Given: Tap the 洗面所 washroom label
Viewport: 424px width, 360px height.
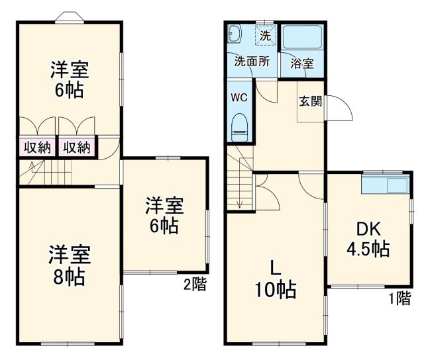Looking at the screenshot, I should click(x=252, y=62).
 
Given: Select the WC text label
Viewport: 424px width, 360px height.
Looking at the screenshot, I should click(x=238, y=97).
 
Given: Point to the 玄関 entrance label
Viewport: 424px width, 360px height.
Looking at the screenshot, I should click(x=310, y=101).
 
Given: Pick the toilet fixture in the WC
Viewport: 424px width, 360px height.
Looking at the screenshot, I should click(x=239, y=126).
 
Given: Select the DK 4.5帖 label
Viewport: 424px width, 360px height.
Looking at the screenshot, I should click(x=370, y=239).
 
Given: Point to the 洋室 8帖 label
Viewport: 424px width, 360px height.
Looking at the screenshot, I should click(x=69, y=265).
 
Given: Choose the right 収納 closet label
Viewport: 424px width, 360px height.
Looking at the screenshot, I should click(x=77, y=147).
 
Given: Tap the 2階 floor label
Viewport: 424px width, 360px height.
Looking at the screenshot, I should click(x=195, y=285).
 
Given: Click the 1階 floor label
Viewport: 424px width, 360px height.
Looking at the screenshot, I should click(x=399, y=298).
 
